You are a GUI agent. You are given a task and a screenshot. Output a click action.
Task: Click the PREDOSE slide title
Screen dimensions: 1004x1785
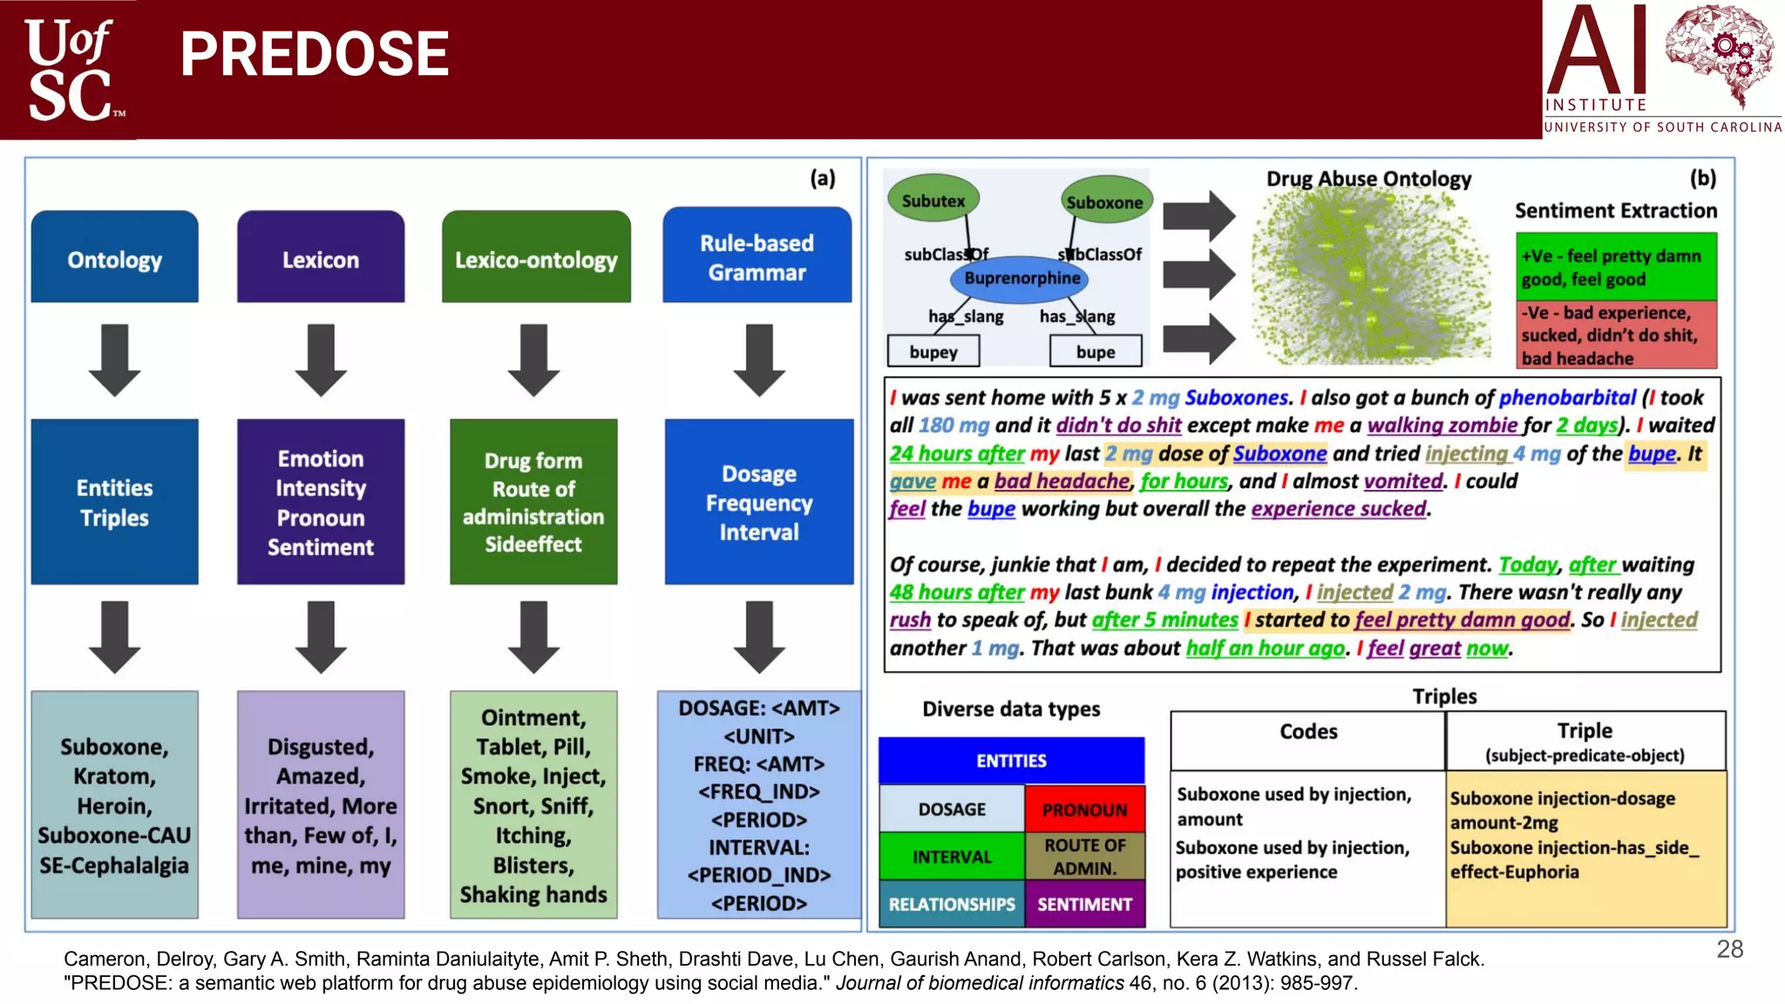pos(314,54)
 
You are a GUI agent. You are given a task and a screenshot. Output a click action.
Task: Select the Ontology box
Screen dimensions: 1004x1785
pos(114,258)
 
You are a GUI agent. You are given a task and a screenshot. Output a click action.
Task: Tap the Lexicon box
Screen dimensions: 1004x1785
pos(320,258)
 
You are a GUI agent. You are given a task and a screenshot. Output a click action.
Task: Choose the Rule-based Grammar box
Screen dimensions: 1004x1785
pos(757,256)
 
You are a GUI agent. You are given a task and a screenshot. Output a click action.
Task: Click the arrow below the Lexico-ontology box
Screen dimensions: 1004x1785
pos(533,360)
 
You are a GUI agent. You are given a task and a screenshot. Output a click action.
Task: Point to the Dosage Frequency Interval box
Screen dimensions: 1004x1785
pos(758,502)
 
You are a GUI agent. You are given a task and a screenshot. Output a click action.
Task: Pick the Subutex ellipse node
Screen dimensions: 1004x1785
pos(933,200)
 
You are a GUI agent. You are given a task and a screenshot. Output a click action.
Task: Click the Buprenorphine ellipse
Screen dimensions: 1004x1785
pos(1021,279)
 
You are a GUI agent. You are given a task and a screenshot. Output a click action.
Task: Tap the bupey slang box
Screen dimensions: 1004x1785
pos(933,352)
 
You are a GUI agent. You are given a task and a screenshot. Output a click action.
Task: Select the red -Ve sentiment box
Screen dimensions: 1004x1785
pos(1615,336)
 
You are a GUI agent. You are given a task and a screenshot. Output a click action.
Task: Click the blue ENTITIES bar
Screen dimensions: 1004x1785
pos(1011,761)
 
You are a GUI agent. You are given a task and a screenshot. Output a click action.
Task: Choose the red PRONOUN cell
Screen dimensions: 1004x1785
pos(1084,810)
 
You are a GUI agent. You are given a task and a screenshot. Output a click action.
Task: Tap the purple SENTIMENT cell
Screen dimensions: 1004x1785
pos(1084,905)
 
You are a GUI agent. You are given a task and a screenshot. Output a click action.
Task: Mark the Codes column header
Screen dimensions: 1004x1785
pos(1307,732)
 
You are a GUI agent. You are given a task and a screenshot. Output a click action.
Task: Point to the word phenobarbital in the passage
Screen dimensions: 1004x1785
pos(1567,397)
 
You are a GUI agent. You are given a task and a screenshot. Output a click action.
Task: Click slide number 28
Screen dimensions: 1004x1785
pos(1729,949)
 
